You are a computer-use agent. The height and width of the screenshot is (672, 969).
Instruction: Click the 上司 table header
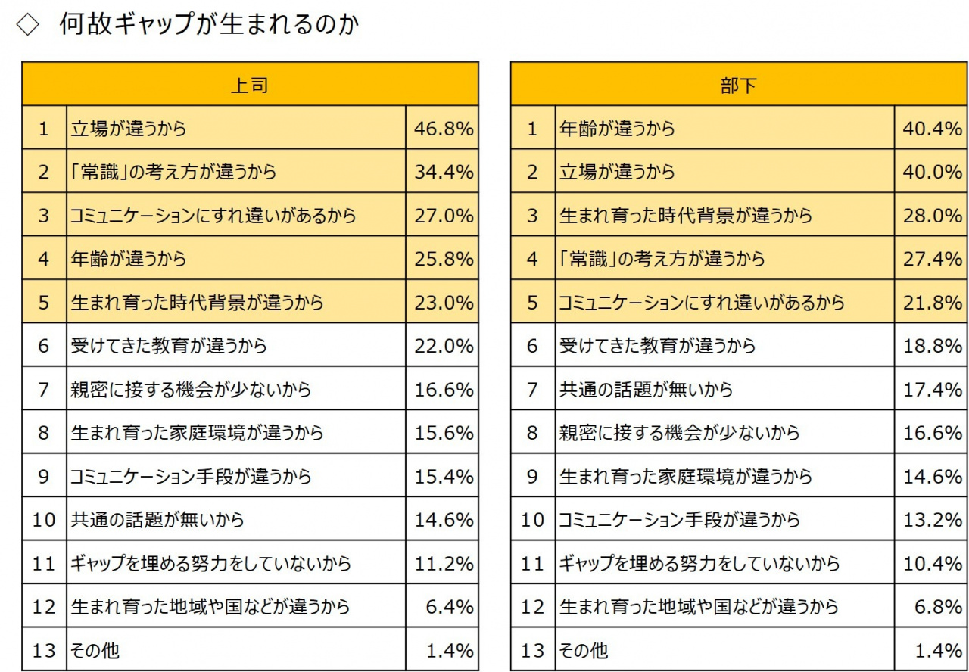[250, 85]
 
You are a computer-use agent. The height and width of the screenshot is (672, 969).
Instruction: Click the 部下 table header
[738, 85]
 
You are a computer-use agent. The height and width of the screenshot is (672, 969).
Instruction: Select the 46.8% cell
[444, 129]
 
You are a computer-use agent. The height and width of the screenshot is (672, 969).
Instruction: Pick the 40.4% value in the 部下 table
[932, 129]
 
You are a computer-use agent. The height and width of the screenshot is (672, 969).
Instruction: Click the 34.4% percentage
[444, 172]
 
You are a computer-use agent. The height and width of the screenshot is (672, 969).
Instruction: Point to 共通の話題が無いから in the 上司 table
[157, 520]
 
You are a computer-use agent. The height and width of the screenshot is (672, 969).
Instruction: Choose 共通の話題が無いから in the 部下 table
[646, 390]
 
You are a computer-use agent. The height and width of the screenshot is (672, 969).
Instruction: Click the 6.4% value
[452, 607]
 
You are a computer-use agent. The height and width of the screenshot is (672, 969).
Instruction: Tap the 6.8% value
[940, 607]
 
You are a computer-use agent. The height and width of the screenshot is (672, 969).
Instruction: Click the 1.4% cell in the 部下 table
[940, 650]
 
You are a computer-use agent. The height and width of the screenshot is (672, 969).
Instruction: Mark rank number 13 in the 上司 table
[44, 650]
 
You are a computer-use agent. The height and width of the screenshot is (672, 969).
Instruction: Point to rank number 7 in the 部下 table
[532, 390]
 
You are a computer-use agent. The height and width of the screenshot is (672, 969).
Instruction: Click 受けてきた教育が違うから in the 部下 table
[657, 346]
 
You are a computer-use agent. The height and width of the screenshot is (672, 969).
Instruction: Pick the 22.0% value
[444, 346]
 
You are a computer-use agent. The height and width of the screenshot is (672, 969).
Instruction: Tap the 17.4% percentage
[932, 390]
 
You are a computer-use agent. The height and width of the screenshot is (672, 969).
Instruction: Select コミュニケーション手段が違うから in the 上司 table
[191, 477]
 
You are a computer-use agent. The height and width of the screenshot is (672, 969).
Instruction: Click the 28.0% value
[932, 216]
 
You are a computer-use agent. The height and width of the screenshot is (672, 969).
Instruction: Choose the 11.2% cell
[444, 564]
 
